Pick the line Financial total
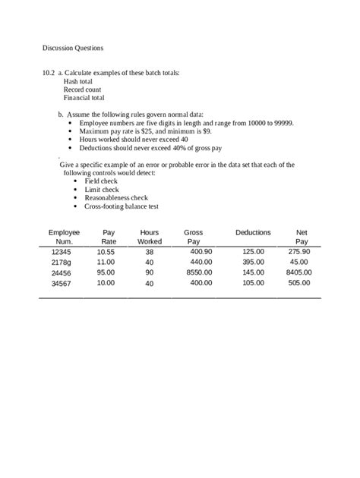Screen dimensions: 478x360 tap(84, 98)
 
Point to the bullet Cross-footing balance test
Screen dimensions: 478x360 tap(121, 206)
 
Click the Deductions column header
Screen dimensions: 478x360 tap(253, 232)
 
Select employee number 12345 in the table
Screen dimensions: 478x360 tap(61, 251)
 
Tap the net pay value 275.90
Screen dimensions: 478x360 tap(297, 251)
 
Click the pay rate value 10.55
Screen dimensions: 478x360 tap(106, 251)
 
